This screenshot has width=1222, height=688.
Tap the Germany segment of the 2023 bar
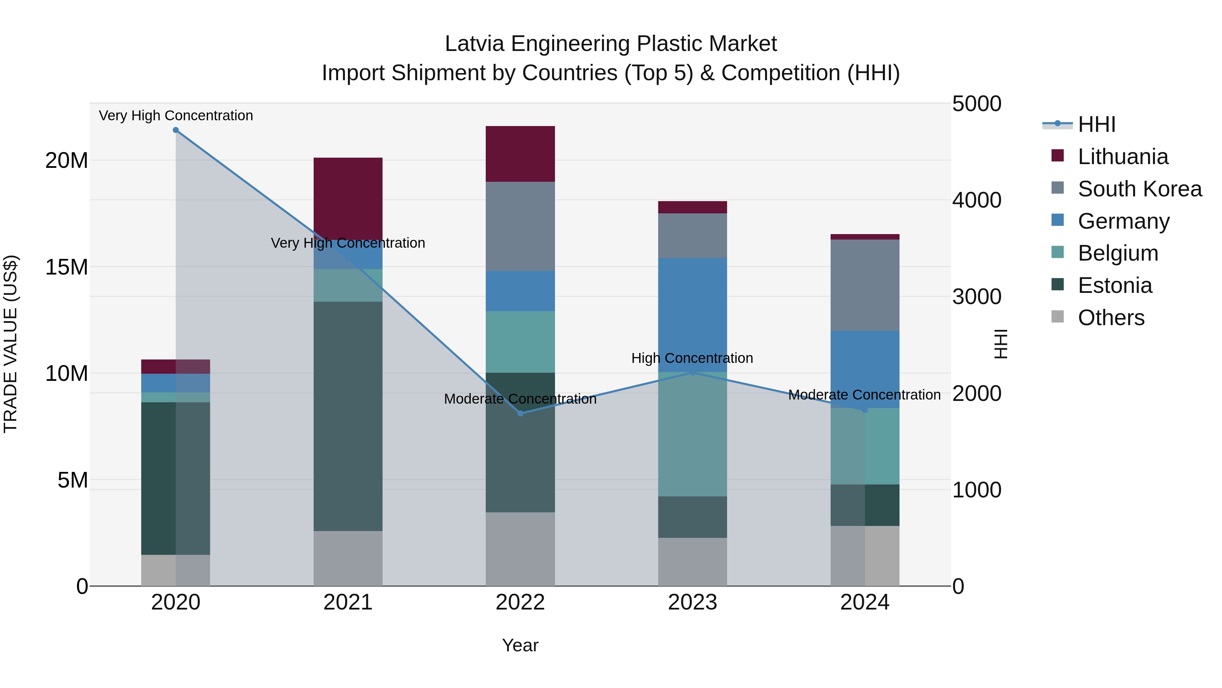(x=692, y=314)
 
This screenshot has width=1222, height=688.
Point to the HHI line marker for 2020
(x=175, y=130)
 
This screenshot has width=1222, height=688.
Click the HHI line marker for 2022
(x=520, y=413)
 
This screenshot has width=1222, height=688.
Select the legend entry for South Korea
(x=1140, y=189)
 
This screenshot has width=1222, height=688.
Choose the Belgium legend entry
(x=1118, y=253)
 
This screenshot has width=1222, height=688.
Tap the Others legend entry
(x=1111, y=318)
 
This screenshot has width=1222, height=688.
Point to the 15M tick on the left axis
(x=67, y=267)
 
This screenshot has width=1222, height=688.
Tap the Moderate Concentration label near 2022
(x=520, y=399)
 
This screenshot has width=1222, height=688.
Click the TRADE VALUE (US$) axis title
(x=11, y=344)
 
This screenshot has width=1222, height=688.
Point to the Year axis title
(x=520, y=645)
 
